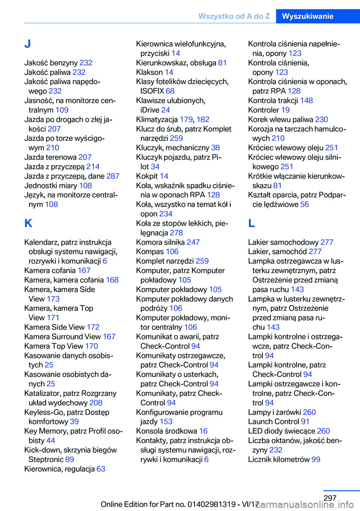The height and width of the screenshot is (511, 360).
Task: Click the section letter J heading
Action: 27,44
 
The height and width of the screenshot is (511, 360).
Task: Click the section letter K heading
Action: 28,223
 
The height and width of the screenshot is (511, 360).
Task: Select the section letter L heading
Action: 252,223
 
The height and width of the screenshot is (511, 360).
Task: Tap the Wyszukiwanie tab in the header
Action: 307,16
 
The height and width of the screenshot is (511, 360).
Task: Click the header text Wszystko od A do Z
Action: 234,16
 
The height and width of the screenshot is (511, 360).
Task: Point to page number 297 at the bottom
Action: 330,498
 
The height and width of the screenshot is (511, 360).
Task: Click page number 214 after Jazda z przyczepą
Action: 93,167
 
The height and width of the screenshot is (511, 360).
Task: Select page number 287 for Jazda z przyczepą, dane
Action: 113,176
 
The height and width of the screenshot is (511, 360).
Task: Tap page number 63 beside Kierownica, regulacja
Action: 101,469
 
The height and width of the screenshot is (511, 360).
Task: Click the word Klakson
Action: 149,72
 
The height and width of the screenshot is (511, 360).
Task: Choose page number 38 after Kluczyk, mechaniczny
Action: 215,148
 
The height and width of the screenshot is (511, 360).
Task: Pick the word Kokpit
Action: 147,176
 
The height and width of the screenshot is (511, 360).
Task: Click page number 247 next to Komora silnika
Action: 193,242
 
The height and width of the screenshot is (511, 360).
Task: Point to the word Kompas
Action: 150,252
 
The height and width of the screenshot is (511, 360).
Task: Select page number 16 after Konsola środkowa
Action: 203,431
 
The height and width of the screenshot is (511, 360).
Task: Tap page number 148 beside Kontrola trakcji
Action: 306,101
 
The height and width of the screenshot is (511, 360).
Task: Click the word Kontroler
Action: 263,110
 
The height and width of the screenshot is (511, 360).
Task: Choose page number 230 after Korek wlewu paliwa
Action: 321,119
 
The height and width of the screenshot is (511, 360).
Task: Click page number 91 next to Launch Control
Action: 305,422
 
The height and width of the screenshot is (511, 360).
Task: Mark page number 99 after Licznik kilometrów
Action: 316,460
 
